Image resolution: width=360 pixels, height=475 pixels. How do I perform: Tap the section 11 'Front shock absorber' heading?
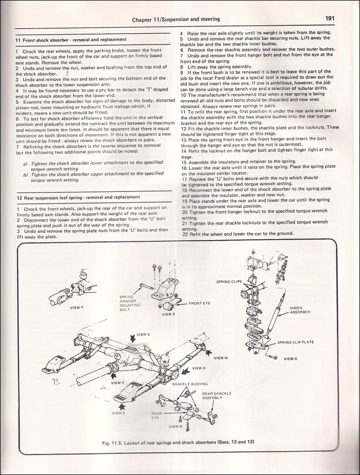71,39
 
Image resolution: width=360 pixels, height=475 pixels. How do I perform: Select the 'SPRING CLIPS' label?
229,282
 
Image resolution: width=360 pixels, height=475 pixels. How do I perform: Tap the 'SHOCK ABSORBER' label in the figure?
300,310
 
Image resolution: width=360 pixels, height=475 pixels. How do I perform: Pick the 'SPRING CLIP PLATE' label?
296,342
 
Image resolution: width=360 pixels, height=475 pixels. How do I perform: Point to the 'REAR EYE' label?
156,415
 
